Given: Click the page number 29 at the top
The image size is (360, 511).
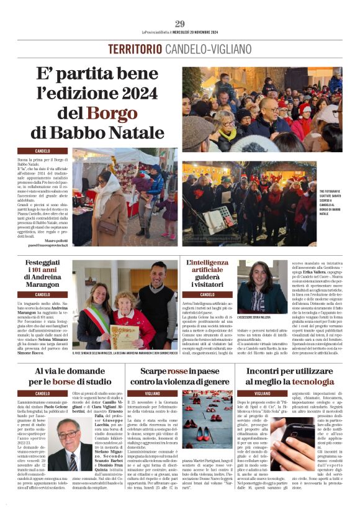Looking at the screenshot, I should click(179, 24).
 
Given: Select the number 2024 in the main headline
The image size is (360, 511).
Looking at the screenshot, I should click(140, 94).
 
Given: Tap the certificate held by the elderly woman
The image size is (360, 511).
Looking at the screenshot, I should click(124, 336).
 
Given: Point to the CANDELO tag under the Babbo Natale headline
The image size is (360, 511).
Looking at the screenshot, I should click(43, 151).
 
